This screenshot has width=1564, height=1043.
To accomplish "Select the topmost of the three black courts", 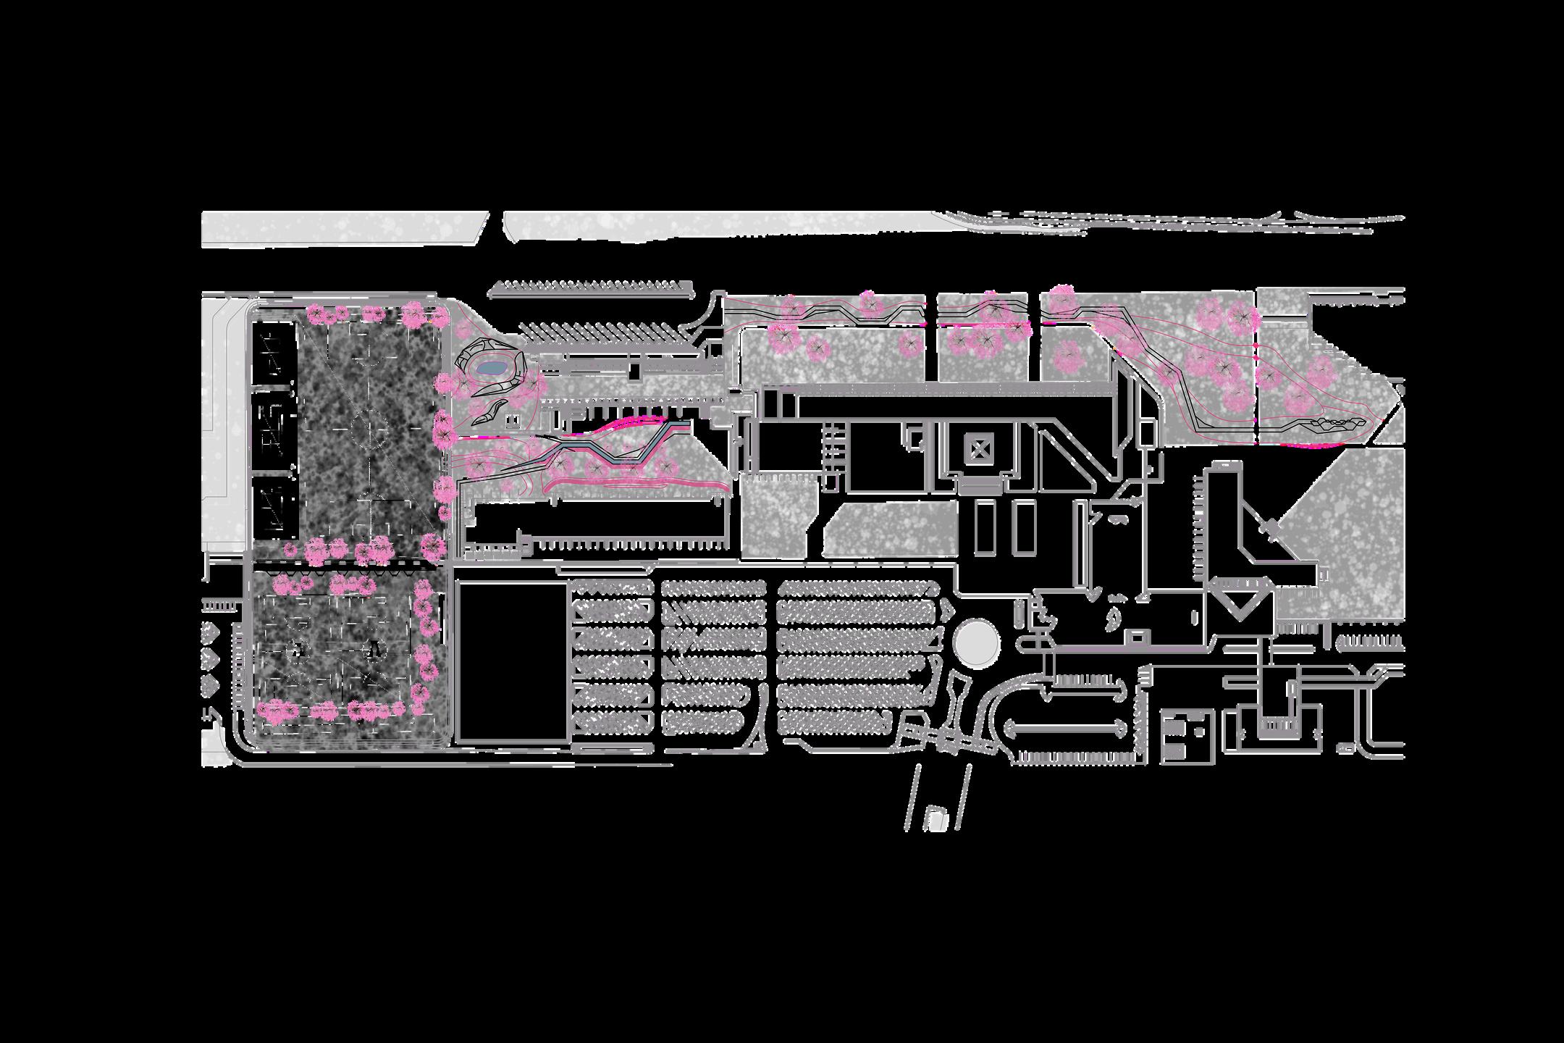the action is pos(274,353).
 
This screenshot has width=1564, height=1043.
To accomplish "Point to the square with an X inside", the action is pos(980,452).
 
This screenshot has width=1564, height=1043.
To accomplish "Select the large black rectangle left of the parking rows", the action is pos(512,663).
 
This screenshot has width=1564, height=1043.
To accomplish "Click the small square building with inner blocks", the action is pos(1187,735).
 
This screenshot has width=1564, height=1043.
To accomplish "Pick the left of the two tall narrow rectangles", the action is pos(985,527).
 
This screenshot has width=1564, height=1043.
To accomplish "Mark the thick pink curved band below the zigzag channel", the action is pos(637,482).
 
